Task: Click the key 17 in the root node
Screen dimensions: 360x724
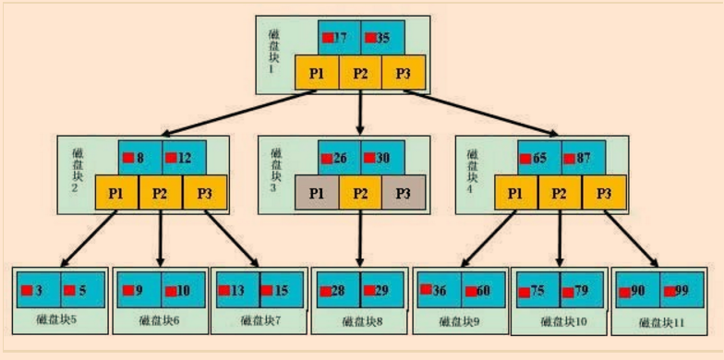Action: click(339, 39)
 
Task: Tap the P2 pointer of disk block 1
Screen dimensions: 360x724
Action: click(360, 73)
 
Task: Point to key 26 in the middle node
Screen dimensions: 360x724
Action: click(339, 158)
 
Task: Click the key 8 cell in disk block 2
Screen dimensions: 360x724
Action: click(139, 158)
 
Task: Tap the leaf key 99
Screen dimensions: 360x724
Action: click(681, 290)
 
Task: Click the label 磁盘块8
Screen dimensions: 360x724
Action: click(360, 321)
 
